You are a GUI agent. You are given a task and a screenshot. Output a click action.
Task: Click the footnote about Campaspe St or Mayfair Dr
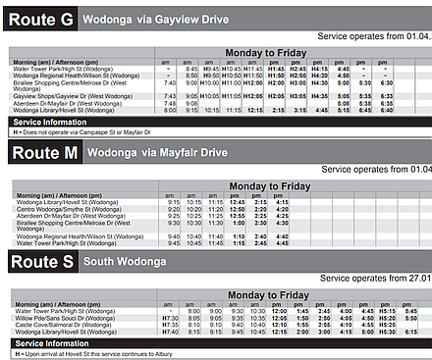click(x=79, y=130)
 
